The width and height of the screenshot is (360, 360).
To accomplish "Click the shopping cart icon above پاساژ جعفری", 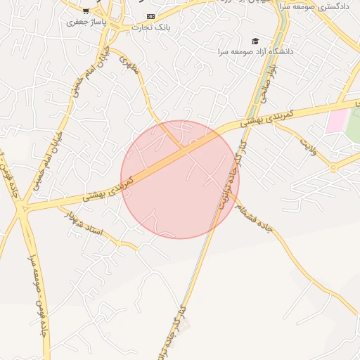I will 86,12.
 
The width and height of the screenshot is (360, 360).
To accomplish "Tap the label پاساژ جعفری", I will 85,22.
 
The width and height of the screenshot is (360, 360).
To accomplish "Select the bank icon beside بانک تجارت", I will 150,16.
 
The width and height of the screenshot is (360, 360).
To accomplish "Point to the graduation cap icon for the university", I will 255,41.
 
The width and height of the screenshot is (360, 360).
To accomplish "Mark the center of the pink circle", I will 180,179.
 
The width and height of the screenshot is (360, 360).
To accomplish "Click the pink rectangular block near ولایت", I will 336,120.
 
